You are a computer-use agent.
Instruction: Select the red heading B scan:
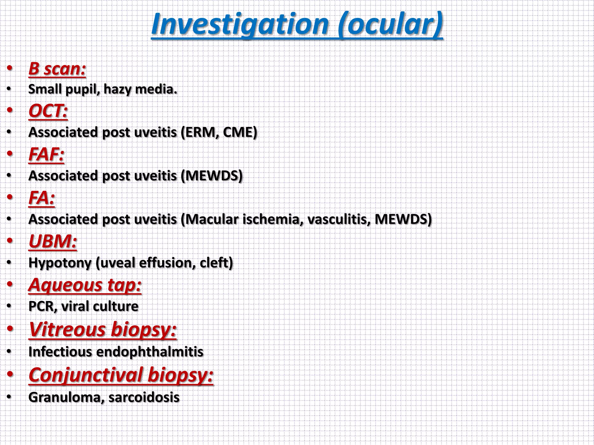(57, 69)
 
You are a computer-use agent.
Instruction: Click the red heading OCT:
(48, 111)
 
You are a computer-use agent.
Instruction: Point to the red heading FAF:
(46, 154)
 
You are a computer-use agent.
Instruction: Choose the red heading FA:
(41, 198)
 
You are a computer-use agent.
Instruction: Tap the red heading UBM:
(53, 241)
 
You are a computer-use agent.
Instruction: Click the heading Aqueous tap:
(85, 285)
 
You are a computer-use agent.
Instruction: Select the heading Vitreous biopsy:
(103, 330)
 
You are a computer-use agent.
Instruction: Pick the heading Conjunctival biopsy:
(121, 375)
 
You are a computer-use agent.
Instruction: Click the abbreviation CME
(238, 132)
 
